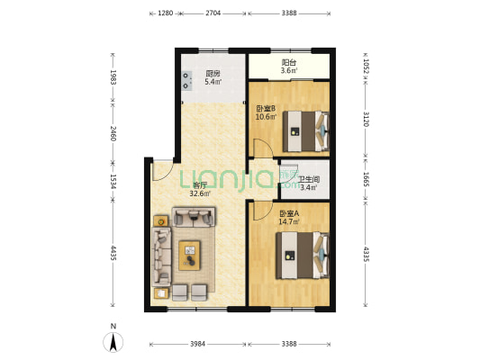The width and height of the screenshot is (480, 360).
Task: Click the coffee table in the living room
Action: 191,255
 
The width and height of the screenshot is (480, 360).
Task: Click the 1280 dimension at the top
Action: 165,13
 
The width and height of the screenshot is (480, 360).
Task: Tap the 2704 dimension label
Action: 213,13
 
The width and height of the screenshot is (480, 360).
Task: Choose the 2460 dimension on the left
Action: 113,133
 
